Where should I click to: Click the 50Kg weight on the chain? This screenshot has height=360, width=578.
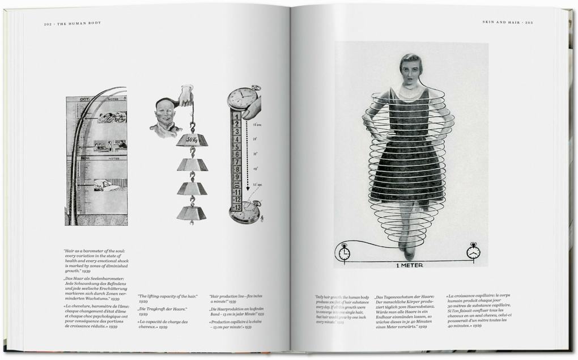tap(192, 139)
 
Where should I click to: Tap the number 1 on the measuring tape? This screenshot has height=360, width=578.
tap(237, 116)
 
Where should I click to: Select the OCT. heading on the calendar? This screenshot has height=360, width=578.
tap(85, 99)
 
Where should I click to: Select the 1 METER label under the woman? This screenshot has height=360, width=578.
tap(409, 265)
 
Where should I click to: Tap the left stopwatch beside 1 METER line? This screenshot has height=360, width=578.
tap(343, 252)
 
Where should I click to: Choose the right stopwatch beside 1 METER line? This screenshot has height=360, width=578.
tap(473, 251)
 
